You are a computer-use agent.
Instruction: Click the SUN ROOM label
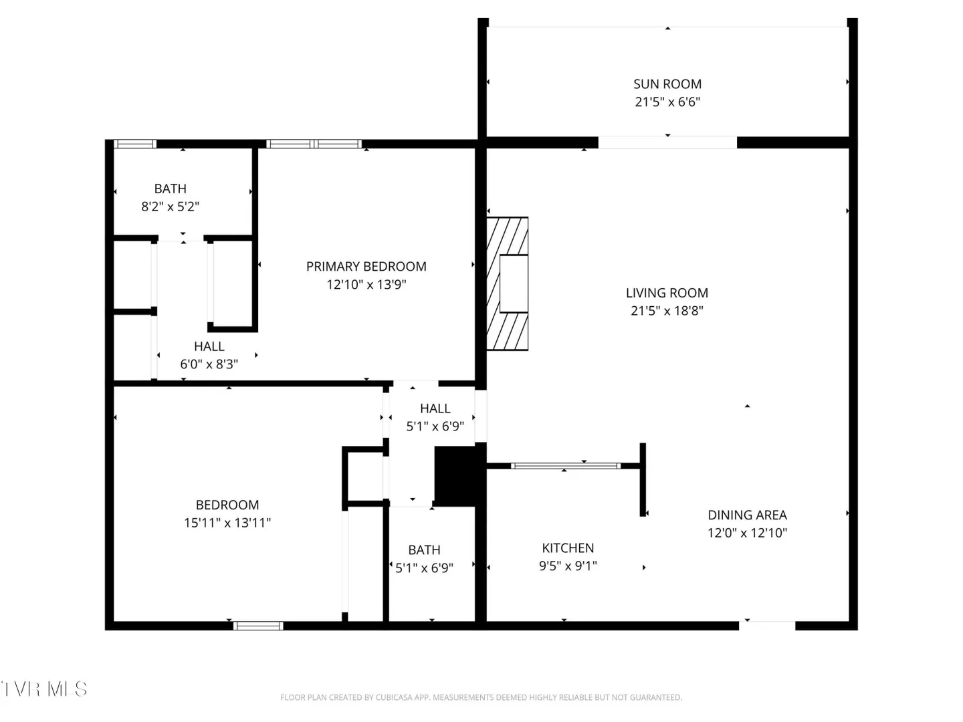667,84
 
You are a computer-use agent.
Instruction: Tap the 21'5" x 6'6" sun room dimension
667,102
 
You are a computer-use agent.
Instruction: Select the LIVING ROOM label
667,293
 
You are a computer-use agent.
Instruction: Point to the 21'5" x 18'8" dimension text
667,311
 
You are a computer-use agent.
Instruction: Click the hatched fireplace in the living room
507,283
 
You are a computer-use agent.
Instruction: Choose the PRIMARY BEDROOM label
366,267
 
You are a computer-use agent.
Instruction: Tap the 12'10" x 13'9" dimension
366,285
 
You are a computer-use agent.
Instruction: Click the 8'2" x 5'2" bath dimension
171,207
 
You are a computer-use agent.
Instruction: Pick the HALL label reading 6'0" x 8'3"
209,346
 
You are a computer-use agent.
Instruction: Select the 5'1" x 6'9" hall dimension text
435,427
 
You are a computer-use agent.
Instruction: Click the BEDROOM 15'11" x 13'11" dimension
227,523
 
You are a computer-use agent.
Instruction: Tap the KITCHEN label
568,548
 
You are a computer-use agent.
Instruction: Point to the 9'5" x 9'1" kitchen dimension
568,566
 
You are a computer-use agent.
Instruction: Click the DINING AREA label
747,515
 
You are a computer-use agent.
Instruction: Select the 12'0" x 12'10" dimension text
747,533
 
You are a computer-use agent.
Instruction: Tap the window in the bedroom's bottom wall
258,626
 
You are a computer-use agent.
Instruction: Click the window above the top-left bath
135,144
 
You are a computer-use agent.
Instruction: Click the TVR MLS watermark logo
44,689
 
